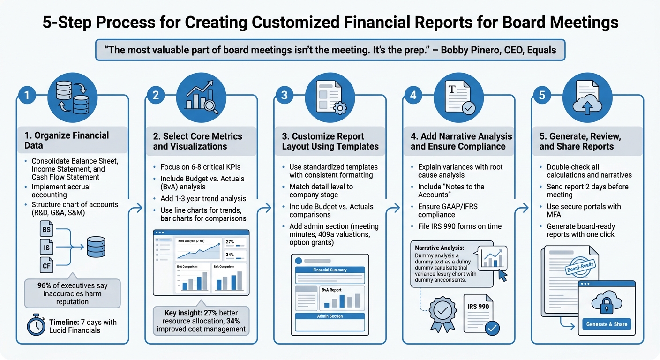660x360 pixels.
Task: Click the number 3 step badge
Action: click(284, 96)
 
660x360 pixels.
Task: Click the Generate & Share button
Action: click(607, 324)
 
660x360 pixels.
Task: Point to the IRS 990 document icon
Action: click(479, 312)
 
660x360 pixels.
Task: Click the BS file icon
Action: click(47, 230)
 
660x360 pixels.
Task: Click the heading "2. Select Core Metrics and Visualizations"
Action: click(197, 141)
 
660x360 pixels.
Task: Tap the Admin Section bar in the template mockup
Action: click(330, 316)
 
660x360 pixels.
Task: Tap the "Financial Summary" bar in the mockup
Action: click(330, 270)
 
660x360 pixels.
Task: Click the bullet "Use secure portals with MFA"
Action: click(583, 211)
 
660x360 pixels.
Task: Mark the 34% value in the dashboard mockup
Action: click(230, 255)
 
